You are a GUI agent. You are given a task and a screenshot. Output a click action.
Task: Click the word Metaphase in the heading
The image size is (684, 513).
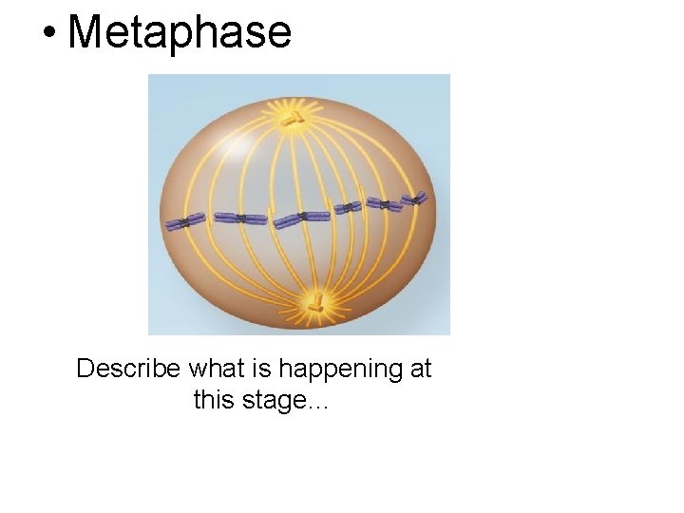tap(180, 31)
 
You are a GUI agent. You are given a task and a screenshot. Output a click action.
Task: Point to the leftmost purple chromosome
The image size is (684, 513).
tap(185, 221)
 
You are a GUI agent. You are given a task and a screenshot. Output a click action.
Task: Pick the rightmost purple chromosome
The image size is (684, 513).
tap(414, 199)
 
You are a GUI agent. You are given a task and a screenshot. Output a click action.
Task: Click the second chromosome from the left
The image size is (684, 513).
tap(241, 218)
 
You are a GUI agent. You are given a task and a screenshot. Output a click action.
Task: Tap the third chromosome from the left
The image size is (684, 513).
tap(301, 218)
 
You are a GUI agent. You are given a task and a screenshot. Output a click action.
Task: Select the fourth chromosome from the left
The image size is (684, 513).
tap(349, 207)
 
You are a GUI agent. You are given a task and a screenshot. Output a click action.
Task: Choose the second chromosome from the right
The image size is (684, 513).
tap(385, 203)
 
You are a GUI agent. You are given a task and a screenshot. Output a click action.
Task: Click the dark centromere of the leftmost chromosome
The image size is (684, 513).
tap(183, 222)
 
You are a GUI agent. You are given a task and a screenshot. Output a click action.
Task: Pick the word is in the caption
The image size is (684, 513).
tap(259, 369)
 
